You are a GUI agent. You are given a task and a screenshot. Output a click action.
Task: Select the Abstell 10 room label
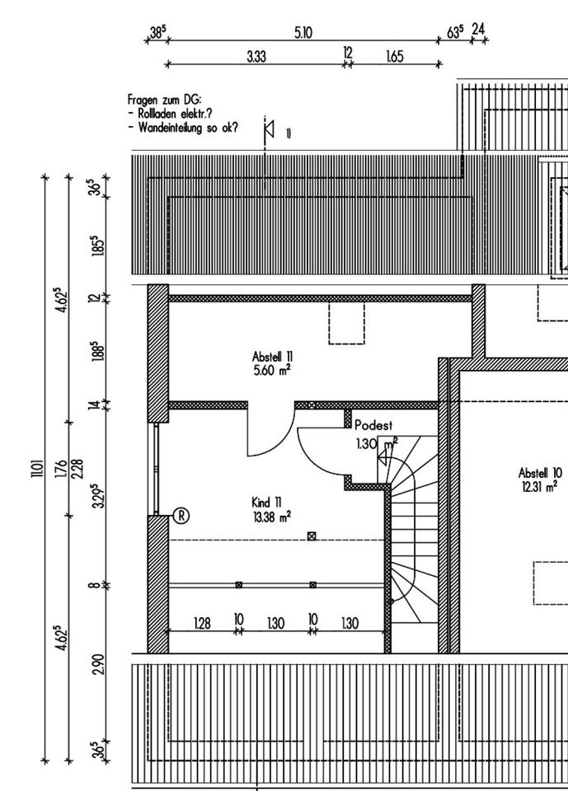tap(540, 473)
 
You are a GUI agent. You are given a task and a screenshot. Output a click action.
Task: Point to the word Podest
tap(374, 426)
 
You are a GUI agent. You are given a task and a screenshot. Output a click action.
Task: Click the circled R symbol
tap(181, 516)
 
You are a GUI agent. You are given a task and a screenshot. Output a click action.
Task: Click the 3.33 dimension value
tap(256, 55)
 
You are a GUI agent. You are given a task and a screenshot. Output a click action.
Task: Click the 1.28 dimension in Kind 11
tap(202, 624)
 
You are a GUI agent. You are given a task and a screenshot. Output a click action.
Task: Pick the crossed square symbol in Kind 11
tap(312, 536)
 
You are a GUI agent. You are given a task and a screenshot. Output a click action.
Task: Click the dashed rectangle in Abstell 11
tap(346, 322)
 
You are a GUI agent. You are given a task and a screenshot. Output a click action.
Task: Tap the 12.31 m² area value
tap(540, 486)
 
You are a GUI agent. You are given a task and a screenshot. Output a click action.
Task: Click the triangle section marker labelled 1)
tap(269, 130)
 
